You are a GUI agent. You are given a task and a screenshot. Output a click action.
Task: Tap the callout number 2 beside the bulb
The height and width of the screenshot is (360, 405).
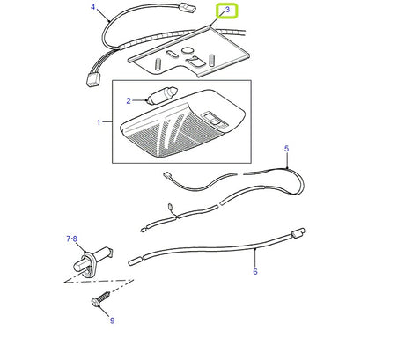point(128,101)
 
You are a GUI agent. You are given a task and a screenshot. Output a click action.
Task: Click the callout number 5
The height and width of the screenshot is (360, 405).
point(287,151)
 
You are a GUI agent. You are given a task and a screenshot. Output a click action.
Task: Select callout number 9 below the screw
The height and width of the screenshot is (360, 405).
point(112,320)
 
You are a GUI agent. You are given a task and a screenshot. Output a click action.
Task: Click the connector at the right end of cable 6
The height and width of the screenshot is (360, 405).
point(298,234)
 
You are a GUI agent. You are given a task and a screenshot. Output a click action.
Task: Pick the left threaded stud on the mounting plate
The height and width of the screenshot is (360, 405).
point(156,62)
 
